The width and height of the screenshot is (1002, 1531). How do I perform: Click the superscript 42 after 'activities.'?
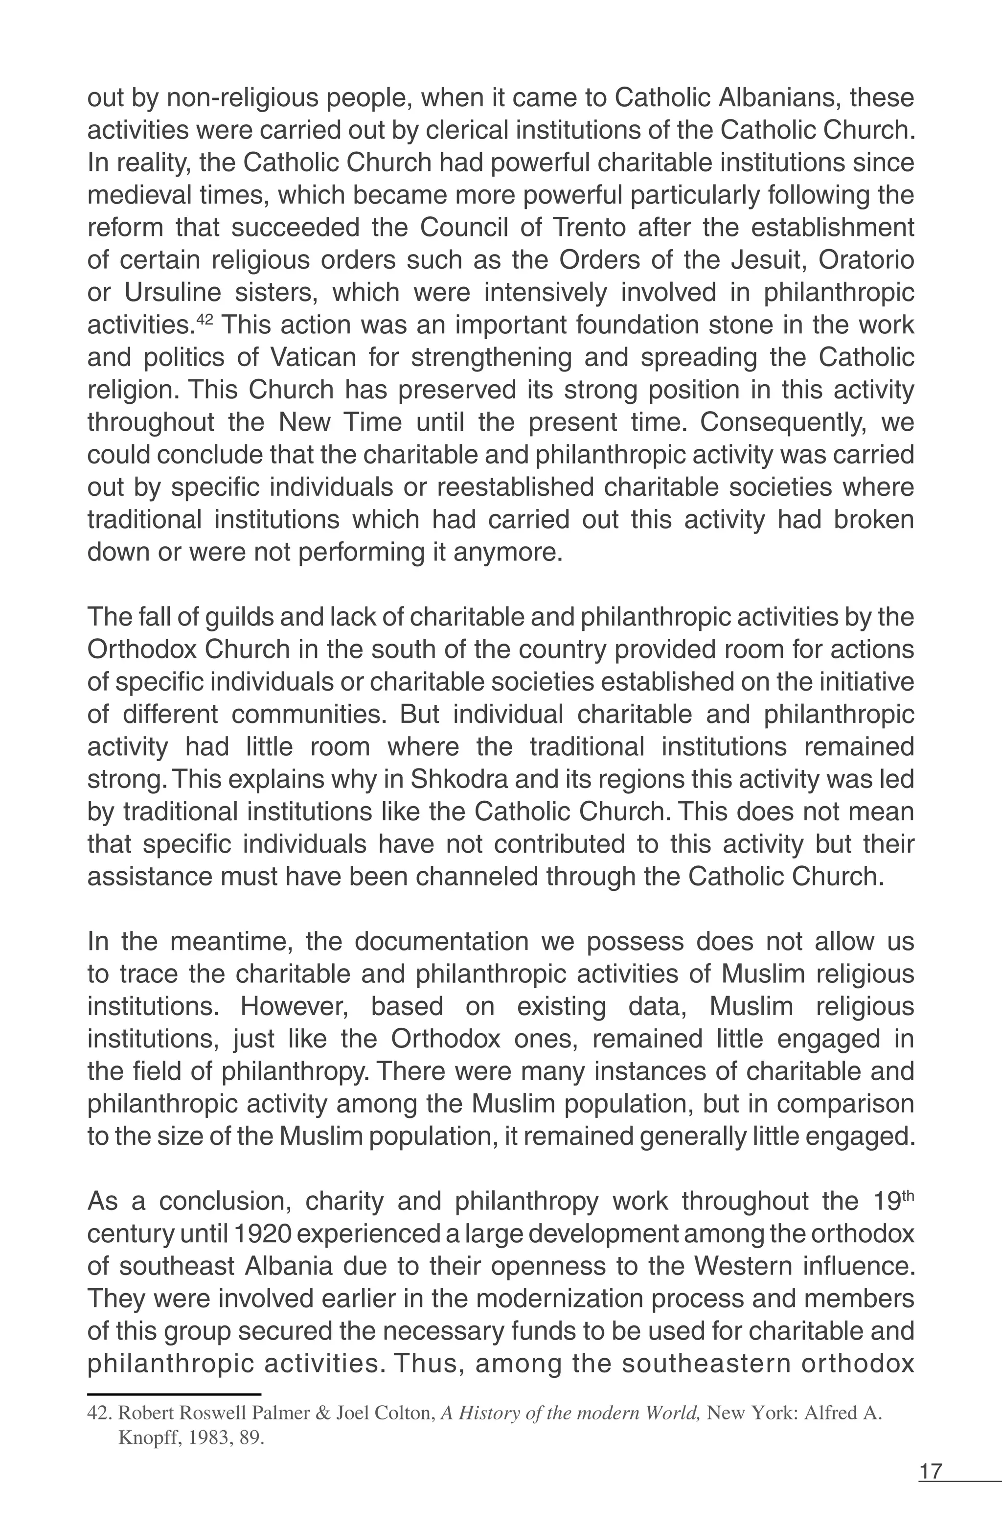pyautogui.click(x=203, y=319)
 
